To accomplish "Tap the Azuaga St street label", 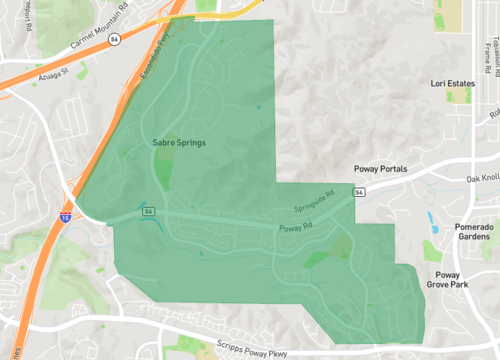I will click(54, 73).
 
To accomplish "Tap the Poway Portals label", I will click(381, 170).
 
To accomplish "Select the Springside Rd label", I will click(314, 203).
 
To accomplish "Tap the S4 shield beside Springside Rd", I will click(359, 190).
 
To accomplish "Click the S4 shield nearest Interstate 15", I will click(149, 213).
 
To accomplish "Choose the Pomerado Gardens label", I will click(474, 233).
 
